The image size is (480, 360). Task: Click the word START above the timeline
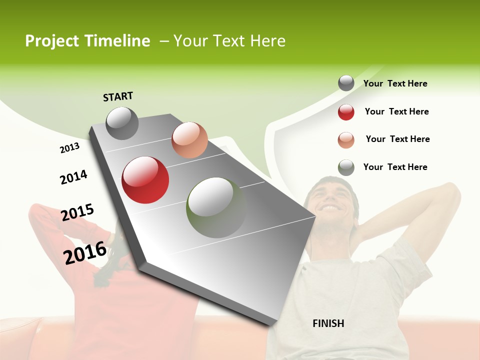118,96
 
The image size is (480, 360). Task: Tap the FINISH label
328,323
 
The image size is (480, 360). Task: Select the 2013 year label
69,148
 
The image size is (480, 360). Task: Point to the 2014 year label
73,177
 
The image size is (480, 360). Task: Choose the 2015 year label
77,212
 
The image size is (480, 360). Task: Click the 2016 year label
85,252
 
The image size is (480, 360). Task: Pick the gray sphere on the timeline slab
122,123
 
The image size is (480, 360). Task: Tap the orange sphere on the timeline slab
189,140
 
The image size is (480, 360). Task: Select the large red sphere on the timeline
145,180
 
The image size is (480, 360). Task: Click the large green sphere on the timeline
216,207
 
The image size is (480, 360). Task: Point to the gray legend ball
346,83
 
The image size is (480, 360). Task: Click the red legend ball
346,112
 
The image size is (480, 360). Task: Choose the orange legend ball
346,140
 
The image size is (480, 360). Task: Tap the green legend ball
346,167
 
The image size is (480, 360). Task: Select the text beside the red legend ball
396,111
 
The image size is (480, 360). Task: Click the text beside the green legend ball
395,167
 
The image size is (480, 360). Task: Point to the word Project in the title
52,41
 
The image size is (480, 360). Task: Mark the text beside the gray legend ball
395,83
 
